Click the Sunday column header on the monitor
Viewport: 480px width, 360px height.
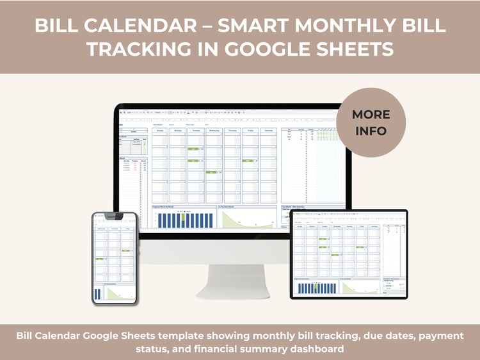coord(160,130)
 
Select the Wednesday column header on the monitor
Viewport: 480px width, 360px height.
coord(215,130)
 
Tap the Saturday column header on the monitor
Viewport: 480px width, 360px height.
coord(269,130)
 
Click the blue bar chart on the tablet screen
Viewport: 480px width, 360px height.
coord(314,288)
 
